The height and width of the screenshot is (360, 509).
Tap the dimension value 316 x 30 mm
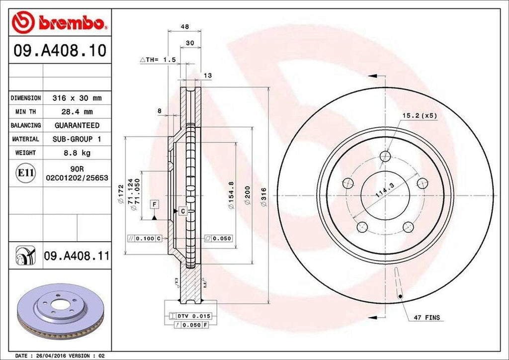77,98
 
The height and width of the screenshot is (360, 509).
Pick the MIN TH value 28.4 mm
77,112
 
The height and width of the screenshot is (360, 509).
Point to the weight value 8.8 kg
77,153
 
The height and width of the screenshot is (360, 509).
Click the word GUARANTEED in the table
77,125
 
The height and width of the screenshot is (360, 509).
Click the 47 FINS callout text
427,317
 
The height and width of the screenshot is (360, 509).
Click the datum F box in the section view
155,205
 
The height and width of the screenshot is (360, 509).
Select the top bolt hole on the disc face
385,157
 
